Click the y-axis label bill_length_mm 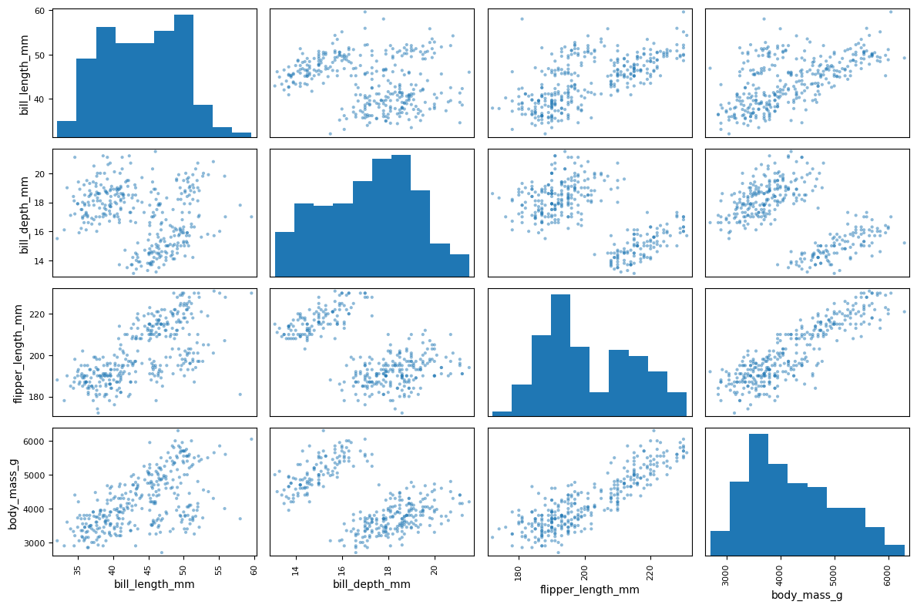24,73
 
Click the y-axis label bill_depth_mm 24,213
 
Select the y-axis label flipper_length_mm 18,353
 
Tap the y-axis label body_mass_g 13,493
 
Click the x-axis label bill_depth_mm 371,584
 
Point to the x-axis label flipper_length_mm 590,590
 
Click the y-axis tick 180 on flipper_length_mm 39,397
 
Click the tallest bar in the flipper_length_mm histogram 560,355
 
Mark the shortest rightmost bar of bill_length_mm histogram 241,135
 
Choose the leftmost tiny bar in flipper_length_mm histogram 502,414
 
